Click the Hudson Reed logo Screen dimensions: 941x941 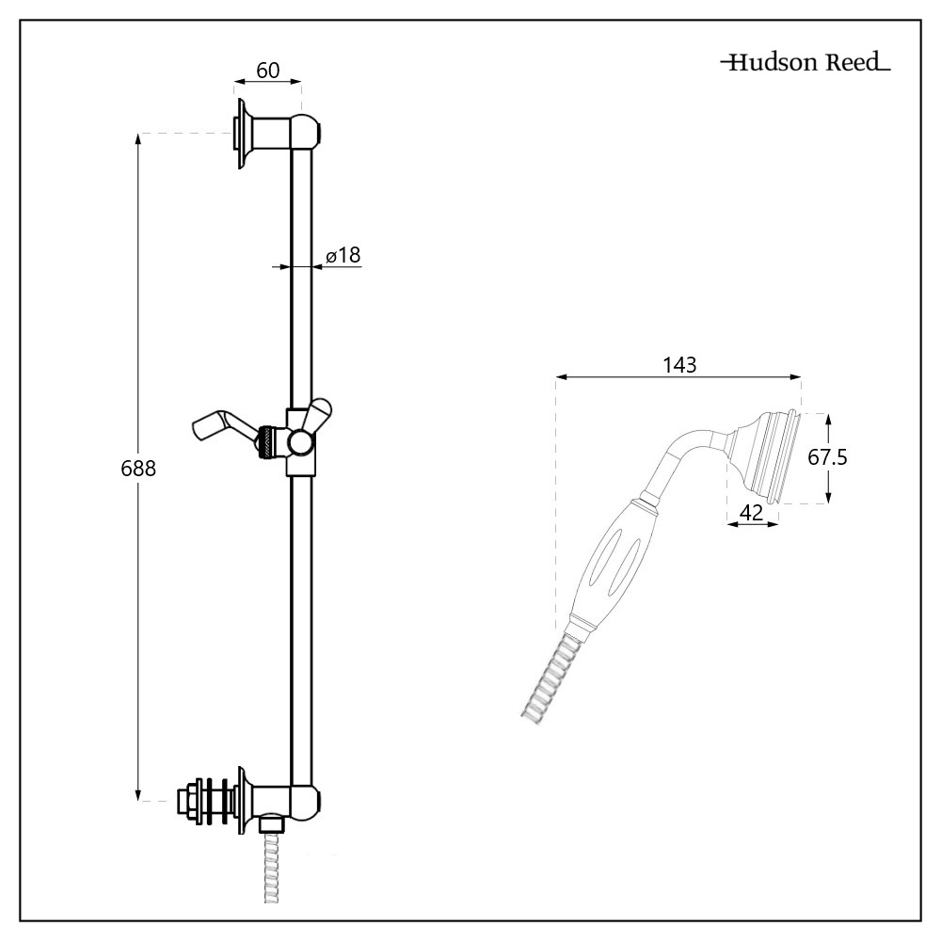click(805, 64)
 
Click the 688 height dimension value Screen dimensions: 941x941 click(138, 468)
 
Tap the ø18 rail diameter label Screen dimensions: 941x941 click(343, 254)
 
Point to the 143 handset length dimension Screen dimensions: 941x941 click(678, 365)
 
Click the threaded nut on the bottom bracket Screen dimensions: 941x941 click(189, 801)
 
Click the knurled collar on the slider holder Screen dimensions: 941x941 click(269, 441)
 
